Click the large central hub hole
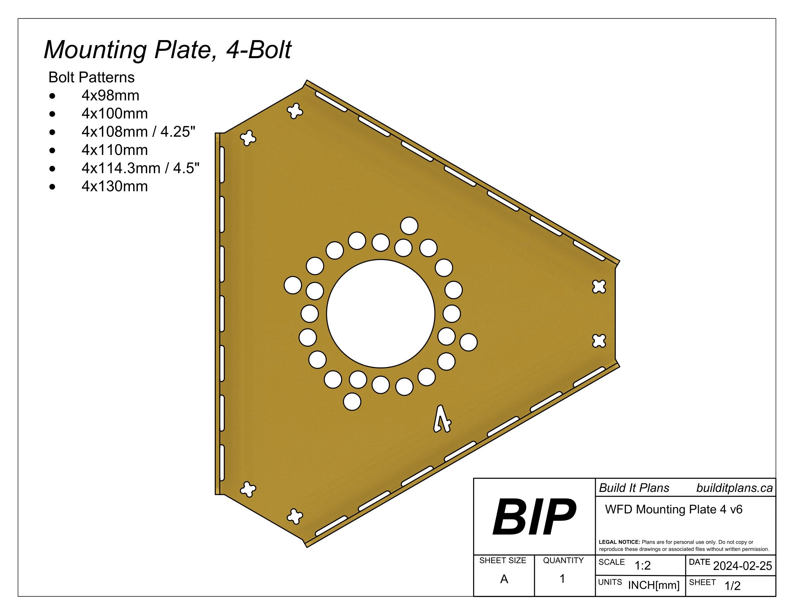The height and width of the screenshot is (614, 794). pos(380,314)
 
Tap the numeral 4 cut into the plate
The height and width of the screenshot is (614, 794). pos(442,420)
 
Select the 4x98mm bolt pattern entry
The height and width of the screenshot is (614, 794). pos(110,96)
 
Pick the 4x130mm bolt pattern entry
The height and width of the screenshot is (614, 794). pos(114,187)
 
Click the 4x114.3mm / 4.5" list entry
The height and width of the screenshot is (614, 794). pos(140,168)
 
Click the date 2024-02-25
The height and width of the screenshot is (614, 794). pos(742,566)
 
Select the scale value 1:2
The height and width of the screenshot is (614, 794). pos(642,566)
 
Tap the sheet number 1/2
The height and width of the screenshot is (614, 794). pos(732,586)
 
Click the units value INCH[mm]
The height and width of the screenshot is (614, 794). pos(654,585)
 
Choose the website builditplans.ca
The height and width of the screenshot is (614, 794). pos(734,488)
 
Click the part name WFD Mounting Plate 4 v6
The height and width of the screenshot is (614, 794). pos(673,509)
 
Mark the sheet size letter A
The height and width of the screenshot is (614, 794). pos(504,579)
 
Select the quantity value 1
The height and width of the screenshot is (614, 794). pos(562,579)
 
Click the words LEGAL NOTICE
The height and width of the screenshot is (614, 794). pos(619,542)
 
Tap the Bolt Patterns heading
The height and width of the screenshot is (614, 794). pos(92,78)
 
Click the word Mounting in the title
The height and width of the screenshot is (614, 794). pos(95,50)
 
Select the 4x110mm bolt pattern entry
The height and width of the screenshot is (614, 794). pos(114,150)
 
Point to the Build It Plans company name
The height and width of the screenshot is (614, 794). pos(634,488)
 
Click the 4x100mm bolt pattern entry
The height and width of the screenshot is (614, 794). pos(114,114)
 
